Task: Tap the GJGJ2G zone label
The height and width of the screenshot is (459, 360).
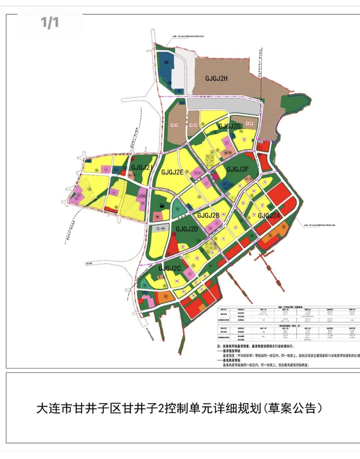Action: pyautogui.click(x=229, y=126)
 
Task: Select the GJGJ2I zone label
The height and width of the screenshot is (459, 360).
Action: pyautogui.click(x=140, y=168)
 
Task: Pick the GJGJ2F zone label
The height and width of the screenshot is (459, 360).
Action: pyautogui.click(x=238, y=169)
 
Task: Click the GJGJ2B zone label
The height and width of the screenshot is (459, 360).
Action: pyautogui.click(x=208, y=215)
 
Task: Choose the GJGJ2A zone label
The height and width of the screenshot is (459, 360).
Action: pyautogui.click(x=269, y=216)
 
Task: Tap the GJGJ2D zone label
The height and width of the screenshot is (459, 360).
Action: pyautogui.click(x=187, y=229)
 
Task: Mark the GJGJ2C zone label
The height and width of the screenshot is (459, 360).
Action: pyautogui.click(x=170, y=268)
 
